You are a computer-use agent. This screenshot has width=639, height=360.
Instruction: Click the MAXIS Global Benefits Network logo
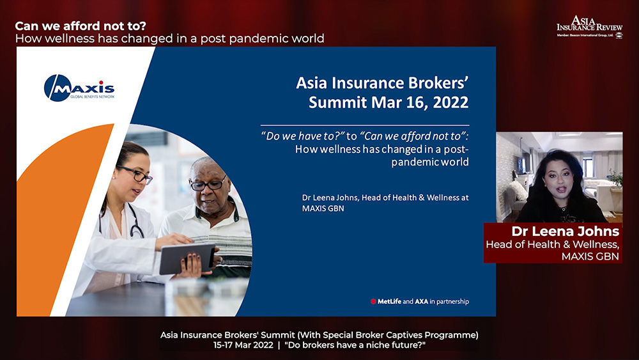click(79, 88)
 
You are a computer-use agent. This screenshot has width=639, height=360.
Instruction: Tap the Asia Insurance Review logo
click(590, 27)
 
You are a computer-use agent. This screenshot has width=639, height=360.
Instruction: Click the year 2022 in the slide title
click(450, 102)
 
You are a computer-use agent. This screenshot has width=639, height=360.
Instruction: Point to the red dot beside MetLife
click(373, 302)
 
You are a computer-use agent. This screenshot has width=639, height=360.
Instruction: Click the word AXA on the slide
click(421, 302)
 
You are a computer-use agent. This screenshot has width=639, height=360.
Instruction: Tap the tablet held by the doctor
click(187, 258)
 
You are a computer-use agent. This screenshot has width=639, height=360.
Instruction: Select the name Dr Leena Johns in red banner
click(566, 231)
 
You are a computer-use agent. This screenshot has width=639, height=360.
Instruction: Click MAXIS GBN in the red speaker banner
click(590, 256)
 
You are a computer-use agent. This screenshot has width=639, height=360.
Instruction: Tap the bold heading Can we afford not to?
click(81, 26)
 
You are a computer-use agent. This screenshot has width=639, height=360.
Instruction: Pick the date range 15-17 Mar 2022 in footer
click(243, 345)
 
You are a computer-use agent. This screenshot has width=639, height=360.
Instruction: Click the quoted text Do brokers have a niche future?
click(355, 345)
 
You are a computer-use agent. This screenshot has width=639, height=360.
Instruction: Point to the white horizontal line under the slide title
click(365, 125)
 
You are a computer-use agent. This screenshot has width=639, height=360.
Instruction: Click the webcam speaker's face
click(560, 182)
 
